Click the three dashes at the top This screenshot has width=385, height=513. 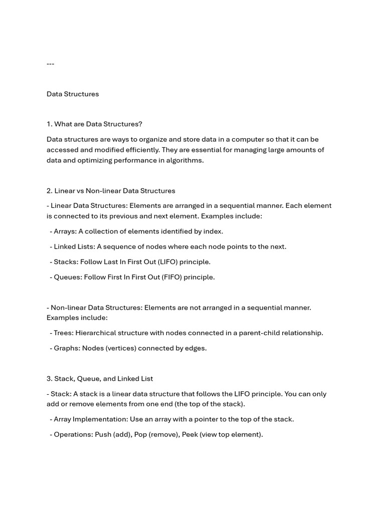click(50, 64)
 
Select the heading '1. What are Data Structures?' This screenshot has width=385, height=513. click(94, 124)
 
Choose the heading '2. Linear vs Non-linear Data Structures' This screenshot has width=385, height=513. click(111, 191)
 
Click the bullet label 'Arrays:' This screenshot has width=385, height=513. click(65, 231)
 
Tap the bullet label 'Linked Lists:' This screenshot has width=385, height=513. click(74, 246)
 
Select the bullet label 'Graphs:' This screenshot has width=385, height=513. click(67, 348)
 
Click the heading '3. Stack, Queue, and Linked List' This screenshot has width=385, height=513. click(100, 379)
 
